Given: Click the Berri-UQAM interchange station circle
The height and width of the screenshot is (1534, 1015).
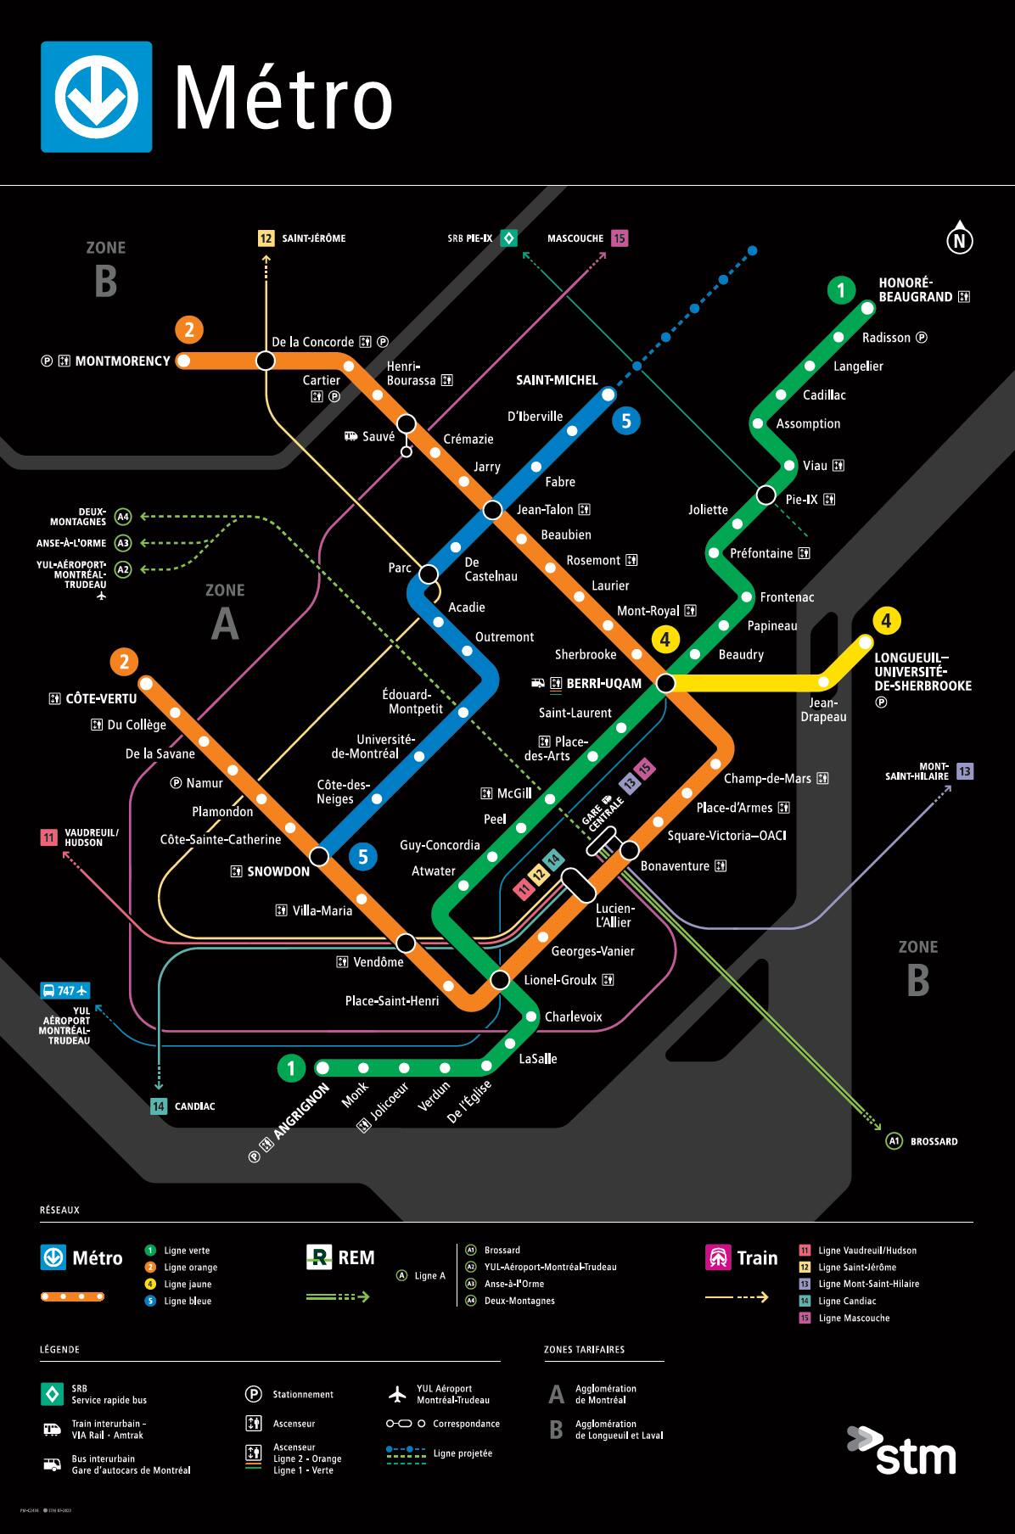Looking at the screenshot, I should [665, 682].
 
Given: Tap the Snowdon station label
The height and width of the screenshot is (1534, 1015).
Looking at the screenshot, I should [278, 871].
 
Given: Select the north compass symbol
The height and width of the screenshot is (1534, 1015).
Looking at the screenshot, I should [959, 241].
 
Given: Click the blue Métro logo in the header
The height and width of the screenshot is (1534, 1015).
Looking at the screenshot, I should [97, 97].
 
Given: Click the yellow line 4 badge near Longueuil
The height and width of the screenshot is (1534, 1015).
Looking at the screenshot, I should [886, 620].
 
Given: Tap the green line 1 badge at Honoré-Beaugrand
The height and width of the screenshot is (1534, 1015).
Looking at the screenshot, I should [840, 291].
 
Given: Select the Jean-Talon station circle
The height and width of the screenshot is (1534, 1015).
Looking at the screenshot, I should [492, 510].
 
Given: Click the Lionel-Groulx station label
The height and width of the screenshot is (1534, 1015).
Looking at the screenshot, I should [560, 980].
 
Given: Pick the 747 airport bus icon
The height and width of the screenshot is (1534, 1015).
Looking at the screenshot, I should [64, 990].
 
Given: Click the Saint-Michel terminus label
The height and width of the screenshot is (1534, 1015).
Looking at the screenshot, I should [557, 380].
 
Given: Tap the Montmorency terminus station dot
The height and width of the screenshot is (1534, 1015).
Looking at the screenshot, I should [183, 361].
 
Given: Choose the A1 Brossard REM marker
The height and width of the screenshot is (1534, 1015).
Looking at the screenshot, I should [894, 1141].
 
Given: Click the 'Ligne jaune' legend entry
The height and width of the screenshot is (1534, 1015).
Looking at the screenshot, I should [188, 1284].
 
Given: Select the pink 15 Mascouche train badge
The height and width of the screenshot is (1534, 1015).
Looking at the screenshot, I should [620, 238].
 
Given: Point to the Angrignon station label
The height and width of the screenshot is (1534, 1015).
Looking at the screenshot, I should [300, 1111].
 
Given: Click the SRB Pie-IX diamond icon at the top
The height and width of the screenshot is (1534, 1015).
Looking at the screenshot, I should [508, 238].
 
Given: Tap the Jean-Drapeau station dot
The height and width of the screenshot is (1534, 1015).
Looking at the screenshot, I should [822, 682].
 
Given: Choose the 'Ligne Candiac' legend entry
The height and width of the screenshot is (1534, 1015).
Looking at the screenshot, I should [847, 1301].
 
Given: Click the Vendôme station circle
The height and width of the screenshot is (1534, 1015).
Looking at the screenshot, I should [406, 943].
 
